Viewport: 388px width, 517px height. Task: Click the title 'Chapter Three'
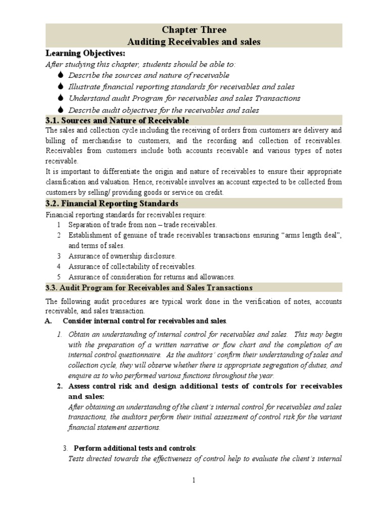click(x=194, y=30)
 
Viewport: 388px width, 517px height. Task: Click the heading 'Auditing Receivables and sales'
click(x=194, y=42)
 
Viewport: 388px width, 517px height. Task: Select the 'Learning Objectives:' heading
click(x=85, y=53)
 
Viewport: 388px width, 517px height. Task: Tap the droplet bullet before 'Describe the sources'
click(x=60, y=75)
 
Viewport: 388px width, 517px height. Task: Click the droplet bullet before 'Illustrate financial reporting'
click(x=60, y=87)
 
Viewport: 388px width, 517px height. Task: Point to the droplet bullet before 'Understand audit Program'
click(x=60, y=98)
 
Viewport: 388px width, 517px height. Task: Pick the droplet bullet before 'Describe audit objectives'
click(x=60, y=110)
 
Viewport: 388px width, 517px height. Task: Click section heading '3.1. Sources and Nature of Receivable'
click(x=117, y=121)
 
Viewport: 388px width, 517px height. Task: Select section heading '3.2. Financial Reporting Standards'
click(x=112, y=203)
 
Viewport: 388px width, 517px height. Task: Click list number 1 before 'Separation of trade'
click(x=59, y=225)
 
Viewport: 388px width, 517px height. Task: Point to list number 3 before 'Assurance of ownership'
click(x=59, y=256)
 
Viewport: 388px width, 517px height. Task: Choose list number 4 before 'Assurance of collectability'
click(x=59, y=267)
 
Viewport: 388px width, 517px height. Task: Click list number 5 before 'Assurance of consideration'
click(x=59, y=277)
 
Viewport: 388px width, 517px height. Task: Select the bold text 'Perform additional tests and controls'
click(x=135, y=448)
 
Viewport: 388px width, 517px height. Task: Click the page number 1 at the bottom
click(x=193, y=481)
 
